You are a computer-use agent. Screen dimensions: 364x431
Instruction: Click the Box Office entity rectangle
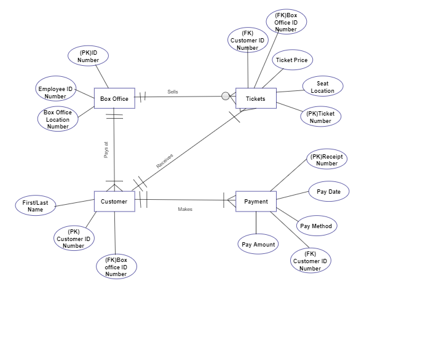pos(114,98)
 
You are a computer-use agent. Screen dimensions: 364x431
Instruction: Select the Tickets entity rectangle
pos(256,98)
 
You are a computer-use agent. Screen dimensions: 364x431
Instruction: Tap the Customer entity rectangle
pos(114,201)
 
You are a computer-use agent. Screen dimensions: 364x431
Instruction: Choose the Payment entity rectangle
pos(256,201)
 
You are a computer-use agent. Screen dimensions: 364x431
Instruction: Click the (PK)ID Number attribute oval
pos(88,56)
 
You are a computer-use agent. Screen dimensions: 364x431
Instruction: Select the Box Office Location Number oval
pos(58,119)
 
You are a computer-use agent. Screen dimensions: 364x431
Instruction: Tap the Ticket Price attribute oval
pos(292,60)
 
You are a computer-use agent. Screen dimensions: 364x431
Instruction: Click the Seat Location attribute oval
pos(323,87)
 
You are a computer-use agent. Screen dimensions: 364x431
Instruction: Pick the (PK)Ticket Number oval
pos(320,116)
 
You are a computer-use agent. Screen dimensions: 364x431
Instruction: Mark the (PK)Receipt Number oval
pos(326,159)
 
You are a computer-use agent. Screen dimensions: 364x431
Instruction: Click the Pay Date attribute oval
pos(328,191)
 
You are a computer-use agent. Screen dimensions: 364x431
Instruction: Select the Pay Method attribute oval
pos(316,226)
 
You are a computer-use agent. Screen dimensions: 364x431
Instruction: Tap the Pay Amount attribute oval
pos(258,244)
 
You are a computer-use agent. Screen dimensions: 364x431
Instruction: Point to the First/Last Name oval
pos(36,205)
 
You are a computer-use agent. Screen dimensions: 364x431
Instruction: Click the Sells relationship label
pos(173,92)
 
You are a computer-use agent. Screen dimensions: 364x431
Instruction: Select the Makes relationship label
pos(185,209)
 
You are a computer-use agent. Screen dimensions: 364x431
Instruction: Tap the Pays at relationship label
pos(106,150)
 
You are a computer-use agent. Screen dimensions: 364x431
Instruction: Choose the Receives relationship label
pos(165,160)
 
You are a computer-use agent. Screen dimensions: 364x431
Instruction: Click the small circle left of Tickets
pos(226,96)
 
